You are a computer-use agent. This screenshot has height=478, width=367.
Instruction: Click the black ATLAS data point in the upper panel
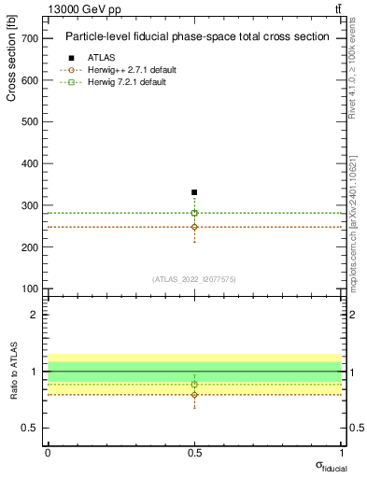point(194,192)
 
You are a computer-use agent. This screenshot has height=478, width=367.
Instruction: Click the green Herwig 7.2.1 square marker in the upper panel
point(194,213)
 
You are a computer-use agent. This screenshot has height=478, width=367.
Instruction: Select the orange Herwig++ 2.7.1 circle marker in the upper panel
point(194,227)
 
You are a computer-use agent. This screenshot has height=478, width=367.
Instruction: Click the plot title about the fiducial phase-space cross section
point(197,37)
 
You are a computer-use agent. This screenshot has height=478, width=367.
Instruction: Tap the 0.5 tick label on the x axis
point(194,453)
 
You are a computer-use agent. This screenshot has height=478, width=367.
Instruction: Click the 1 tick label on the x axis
point(341,453)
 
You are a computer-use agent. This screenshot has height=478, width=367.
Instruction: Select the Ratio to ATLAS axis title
point(11,371)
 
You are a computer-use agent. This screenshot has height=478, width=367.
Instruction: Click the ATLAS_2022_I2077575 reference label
point(194,278)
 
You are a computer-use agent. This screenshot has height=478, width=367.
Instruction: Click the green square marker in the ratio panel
point(194,385)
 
